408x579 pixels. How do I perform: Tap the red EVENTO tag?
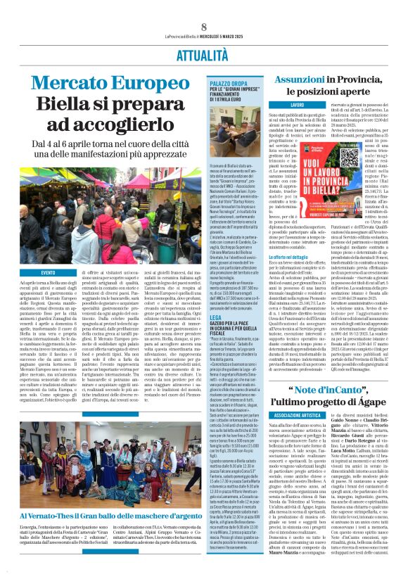click(x=48, y=272)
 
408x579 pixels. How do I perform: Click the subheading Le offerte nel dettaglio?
click(x=292, y=257)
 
